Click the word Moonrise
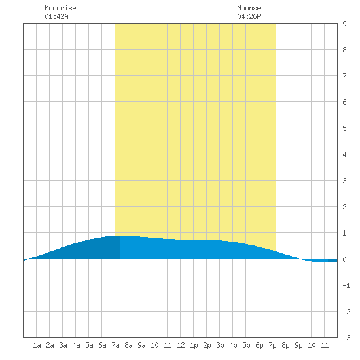[x=60, y=8]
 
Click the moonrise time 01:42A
[x=56, y=16]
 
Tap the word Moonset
[x=251, y=8]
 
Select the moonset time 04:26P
[x=249, y=16]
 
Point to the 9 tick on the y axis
[x=344, y=24]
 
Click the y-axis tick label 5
[x=344, y=128]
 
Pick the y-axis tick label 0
[x=344, y=259]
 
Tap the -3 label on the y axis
[x=346, y=338]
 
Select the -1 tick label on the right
[x=346, y=285]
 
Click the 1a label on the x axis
[x=37, y=345]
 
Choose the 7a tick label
[x=115, y=345]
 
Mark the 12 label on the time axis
[x=181, y=345]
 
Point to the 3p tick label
[x=220, y=345]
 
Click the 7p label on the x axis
[x=272, y=345]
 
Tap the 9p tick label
[x=298, y=345]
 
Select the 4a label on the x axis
[x=76, y=345]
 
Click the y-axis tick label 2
[x=344, y=207]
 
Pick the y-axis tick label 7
[x=344, y=76]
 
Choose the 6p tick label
[x=259, y=345]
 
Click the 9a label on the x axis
[x=141, y=345]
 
